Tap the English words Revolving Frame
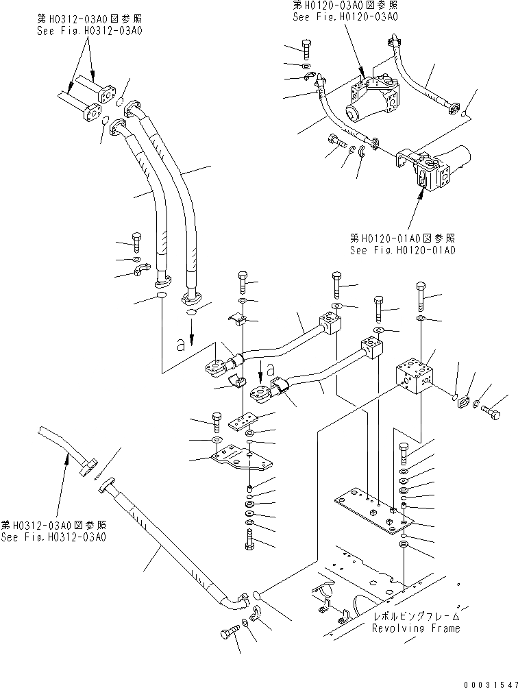click(x=416, y=628)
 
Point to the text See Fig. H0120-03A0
click(x=345, y=16)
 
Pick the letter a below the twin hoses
click(x=181, y=345)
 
